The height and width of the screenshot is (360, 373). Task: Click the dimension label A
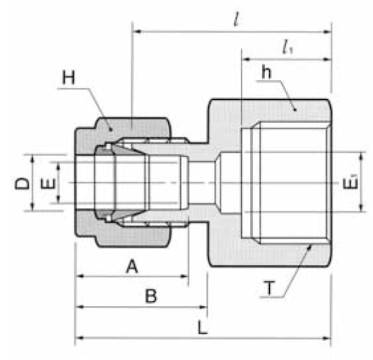131,267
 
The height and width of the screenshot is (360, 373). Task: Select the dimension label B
151,297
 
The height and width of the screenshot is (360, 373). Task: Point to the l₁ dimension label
287,48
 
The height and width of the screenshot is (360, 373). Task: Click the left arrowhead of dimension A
80,276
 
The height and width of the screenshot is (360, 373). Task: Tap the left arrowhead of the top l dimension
137,30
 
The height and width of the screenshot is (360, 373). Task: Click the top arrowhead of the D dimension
32,156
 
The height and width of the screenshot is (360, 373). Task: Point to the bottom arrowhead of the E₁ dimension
362,208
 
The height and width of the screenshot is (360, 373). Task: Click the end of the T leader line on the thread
310,246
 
